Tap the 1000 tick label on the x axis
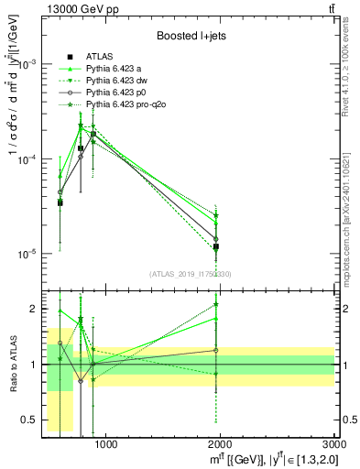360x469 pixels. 105,445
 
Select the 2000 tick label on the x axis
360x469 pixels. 221,445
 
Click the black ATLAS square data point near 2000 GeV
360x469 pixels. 216,246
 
